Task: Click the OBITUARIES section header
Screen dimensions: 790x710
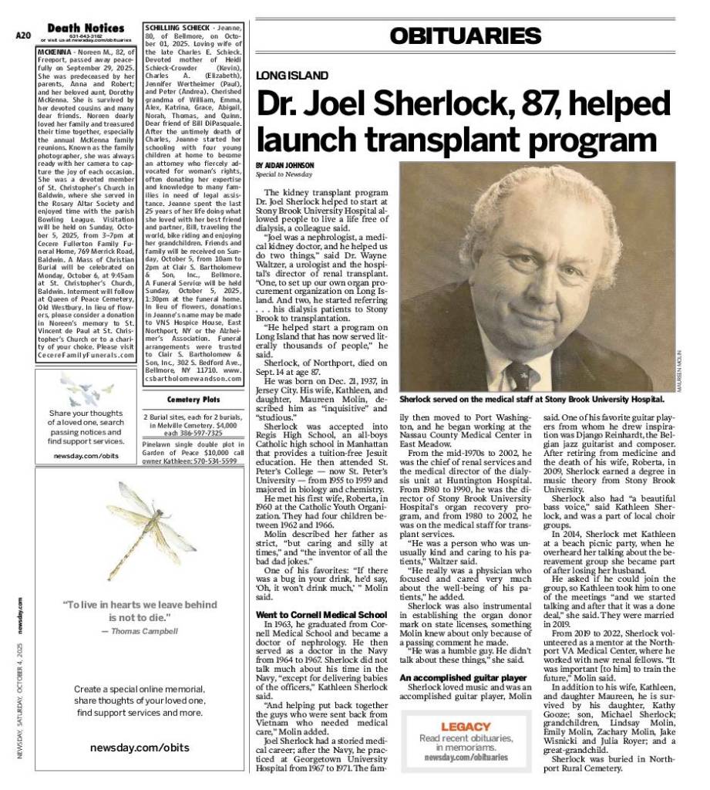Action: pyautogui.click(x=465, y=35)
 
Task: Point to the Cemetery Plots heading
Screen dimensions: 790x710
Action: pyautogui.click(x=193, y=400)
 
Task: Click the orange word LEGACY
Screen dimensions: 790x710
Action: pyautogui.click(x=466, y=727)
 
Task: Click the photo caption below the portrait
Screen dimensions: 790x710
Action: pyautogui.click(x=532, y=400)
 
